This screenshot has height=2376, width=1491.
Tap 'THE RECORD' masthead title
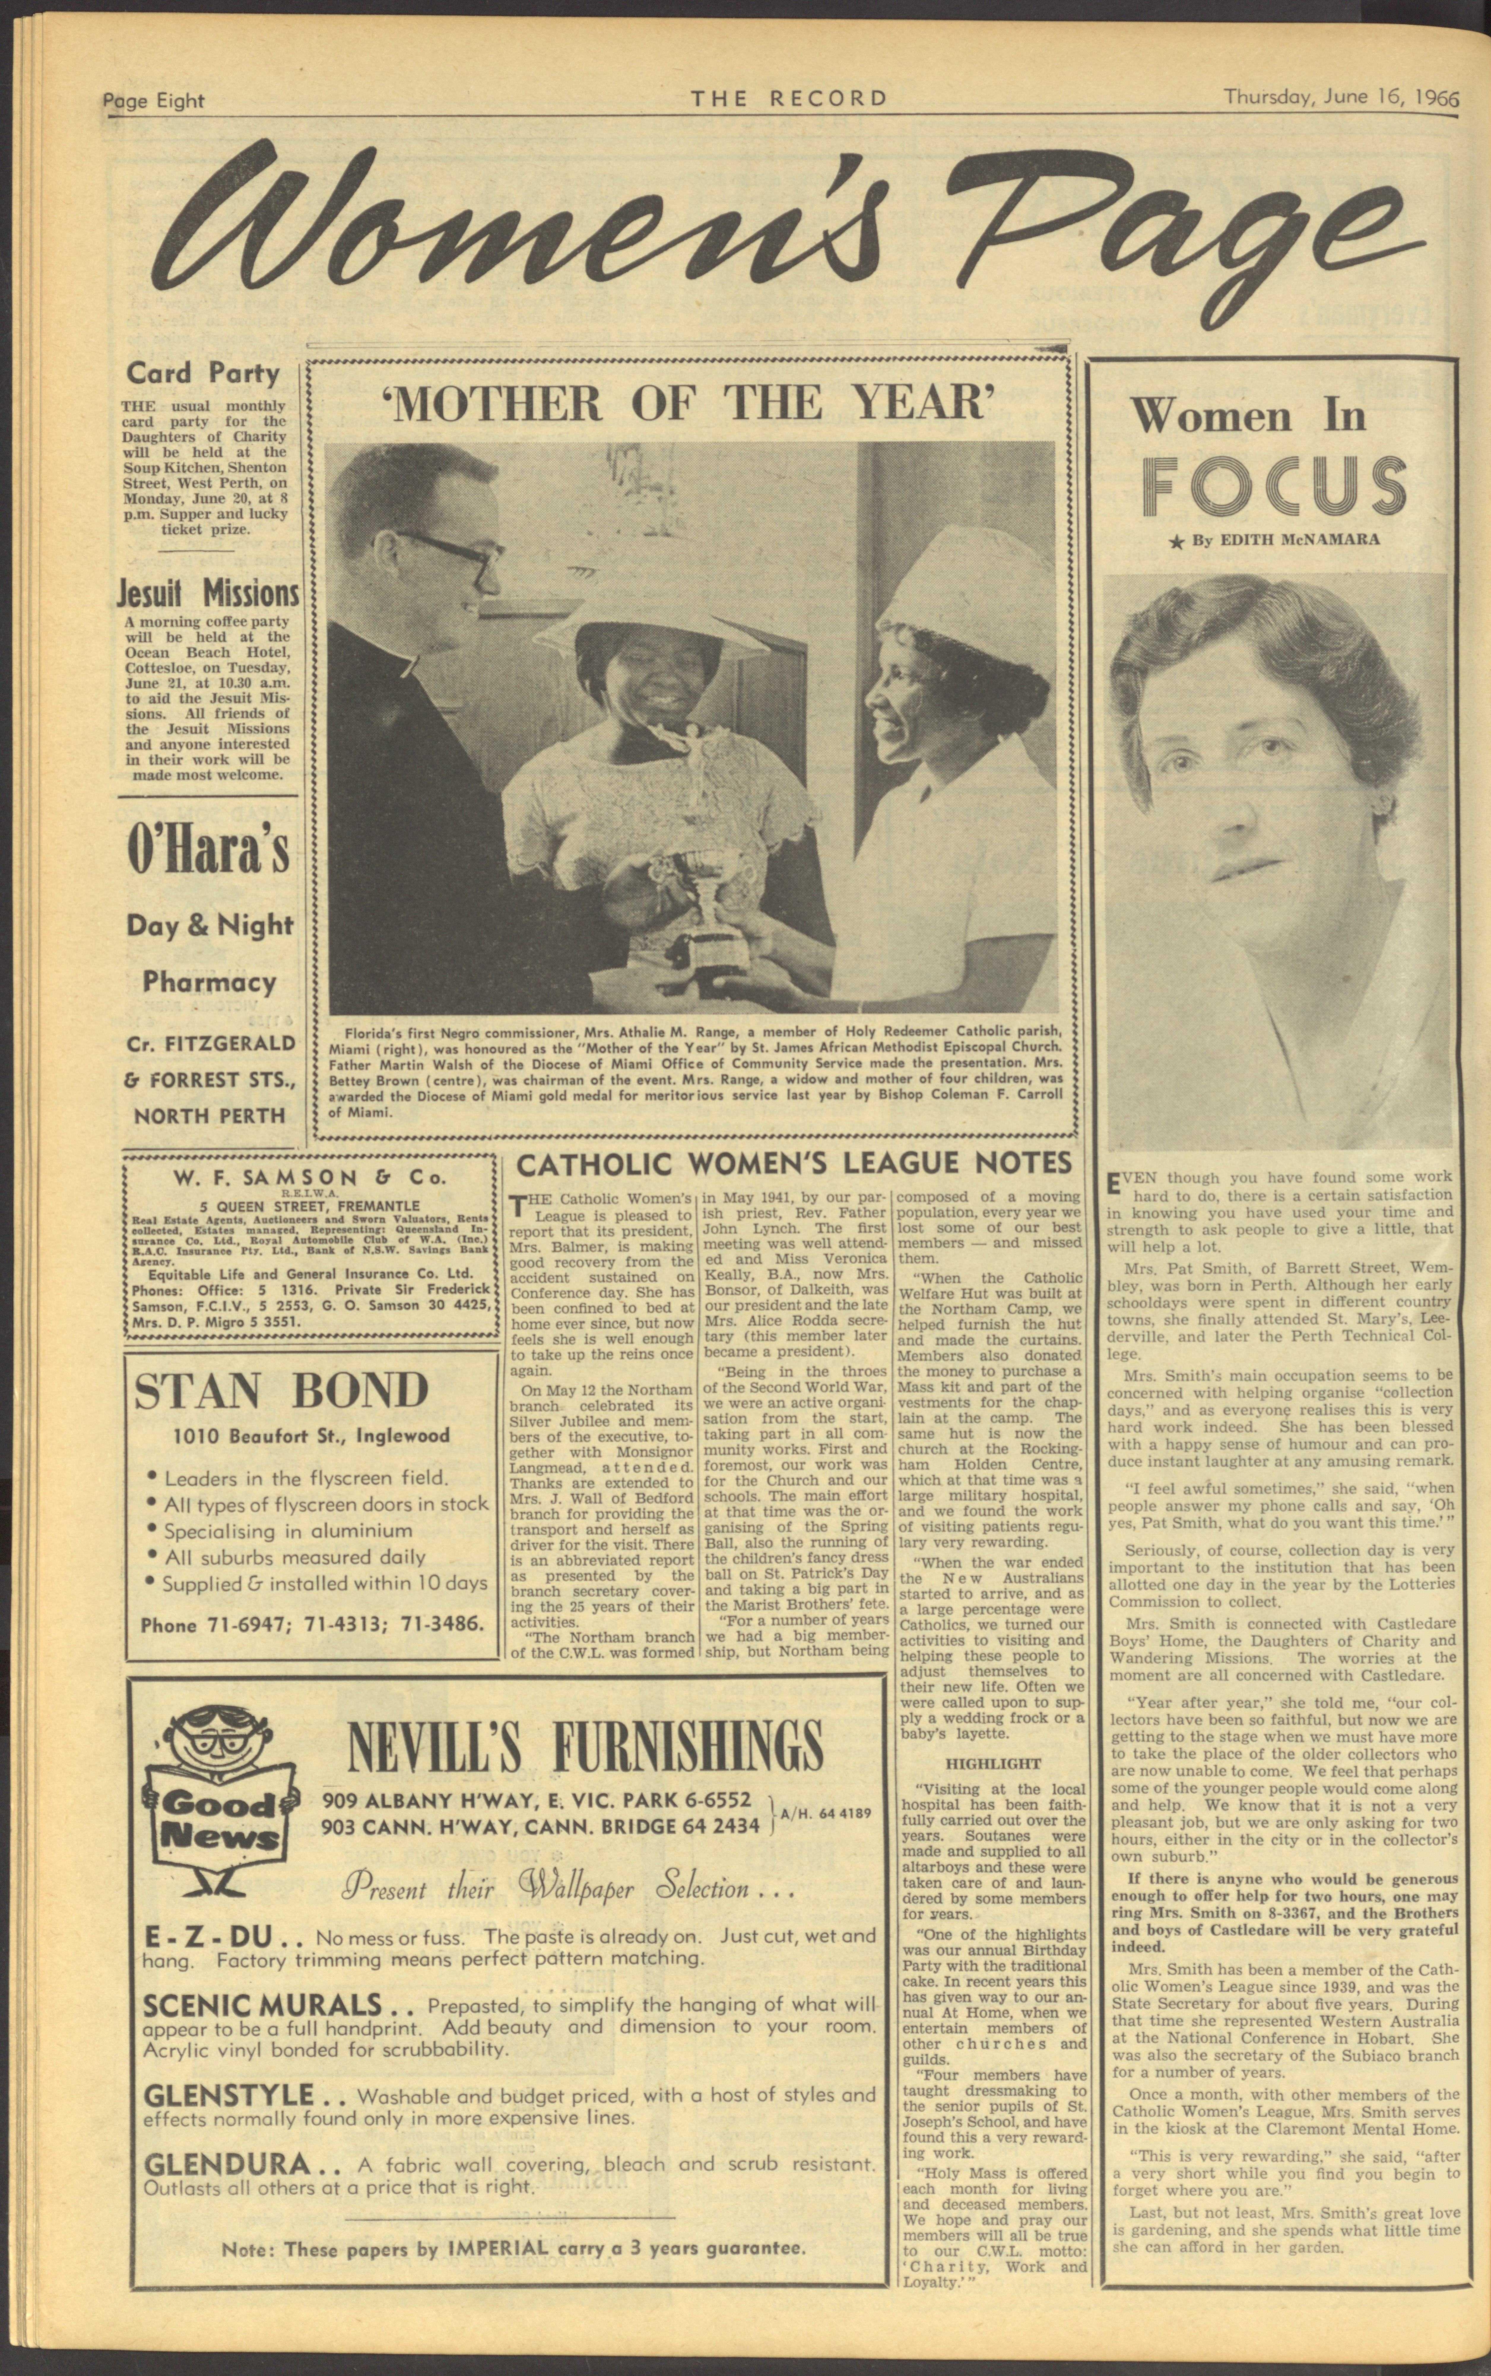[789, 98]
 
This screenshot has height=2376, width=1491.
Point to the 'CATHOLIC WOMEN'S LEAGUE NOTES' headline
[794, 1163]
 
